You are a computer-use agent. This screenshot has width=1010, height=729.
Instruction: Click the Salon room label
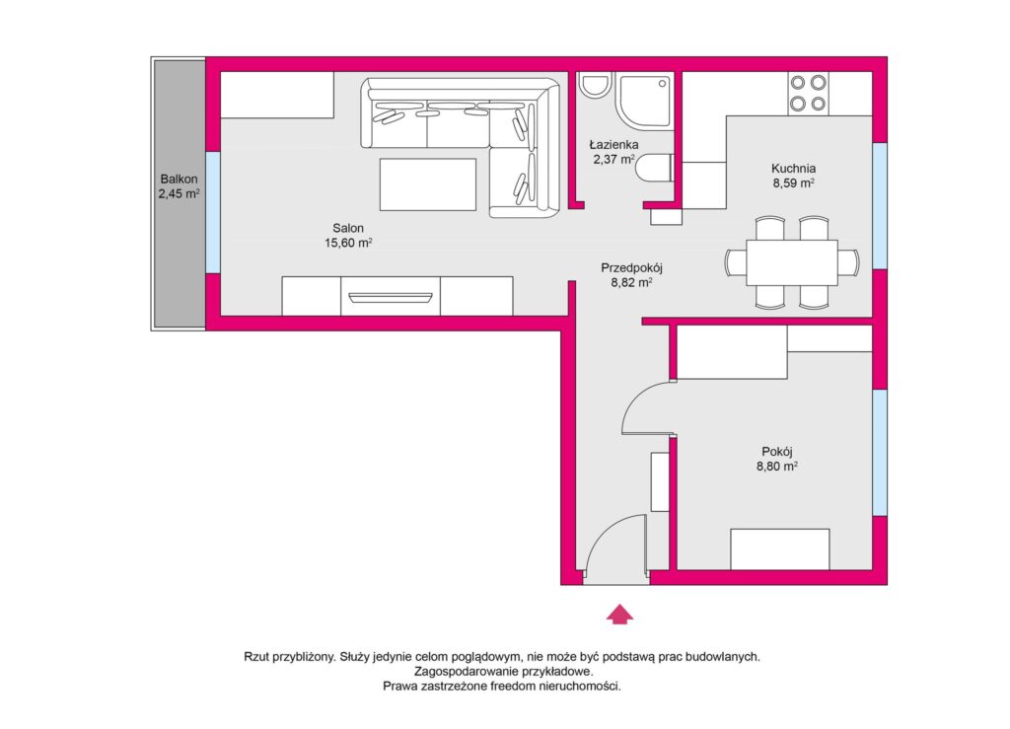click(x=348, y=236)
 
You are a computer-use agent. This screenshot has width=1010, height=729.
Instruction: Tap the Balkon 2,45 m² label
click(x=180, y=186)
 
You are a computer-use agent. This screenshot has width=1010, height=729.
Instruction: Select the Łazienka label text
click(x=613, y=145)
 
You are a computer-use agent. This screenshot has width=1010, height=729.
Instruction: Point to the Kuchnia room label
click(x=794, y=176)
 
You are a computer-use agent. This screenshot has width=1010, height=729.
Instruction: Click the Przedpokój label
click(x=632, y=275)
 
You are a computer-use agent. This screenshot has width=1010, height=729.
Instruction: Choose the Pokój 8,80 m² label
click(x=777, y=459)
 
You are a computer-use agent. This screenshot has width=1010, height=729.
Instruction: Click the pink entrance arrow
click(x=619, y=615)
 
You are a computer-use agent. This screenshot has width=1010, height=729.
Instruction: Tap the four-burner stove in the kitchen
click(x=809, y=94)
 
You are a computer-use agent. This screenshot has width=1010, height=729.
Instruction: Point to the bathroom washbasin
click(x=593, y=85)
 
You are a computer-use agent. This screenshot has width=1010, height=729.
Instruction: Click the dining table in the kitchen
click(x=792, y=262)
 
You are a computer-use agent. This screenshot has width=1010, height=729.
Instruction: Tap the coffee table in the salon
click(x=428, y=184)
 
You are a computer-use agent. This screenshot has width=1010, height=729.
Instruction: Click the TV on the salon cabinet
click(x=391, y=298)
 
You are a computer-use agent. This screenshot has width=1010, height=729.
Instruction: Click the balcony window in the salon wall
click(x=213, y=212)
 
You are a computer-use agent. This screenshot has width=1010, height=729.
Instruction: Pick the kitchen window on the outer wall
click(x=880, y=206)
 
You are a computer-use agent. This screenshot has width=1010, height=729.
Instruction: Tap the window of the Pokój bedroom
click(x=880, y=452)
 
